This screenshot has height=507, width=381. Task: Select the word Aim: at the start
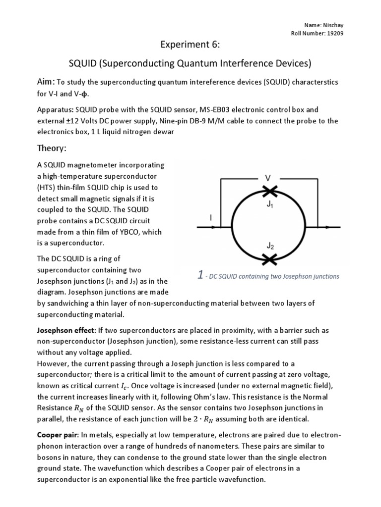point(46,81)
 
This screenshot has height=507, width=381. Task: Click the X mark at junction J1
point(270,191)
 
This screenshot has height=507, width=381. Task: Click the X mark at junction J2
point(270,259)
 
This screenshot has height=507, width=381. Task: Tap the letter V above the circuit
point(268,177)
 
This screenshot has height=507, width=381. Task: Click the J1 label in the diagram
point(269,204)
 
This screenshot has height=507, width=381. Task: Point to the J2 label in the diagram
point(269,246)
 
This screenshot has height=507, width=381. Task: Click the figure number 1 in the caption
point(199,275)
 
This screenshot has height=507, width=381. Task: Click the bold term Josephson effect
point(65,330)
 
